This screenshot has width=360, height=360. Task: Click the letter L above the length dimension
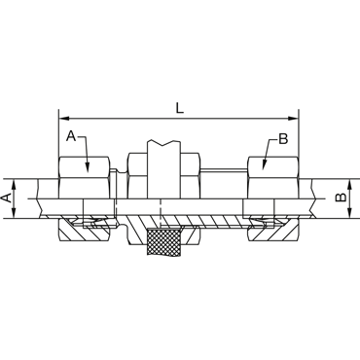click(x=179, y=108)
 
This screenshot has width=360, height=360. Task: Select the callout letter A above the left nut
click(x=71, y=136)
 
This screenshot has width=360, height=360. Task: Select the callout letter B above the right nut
click(x=283, y=139)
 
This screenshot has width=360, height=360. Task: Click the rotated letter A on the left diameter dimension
click(x=7, y=198)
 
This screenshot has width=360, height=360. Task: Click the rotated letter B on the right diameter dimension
click(x=341, y=198)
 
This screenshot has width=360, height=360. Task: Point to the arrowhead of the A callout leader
click(x=88, y=166)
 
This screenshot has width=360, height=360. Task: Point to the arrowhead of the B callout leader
click(x=263, y=164)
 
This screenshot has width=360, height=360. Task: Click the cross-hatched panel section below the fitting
click(x=164, y=242)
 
